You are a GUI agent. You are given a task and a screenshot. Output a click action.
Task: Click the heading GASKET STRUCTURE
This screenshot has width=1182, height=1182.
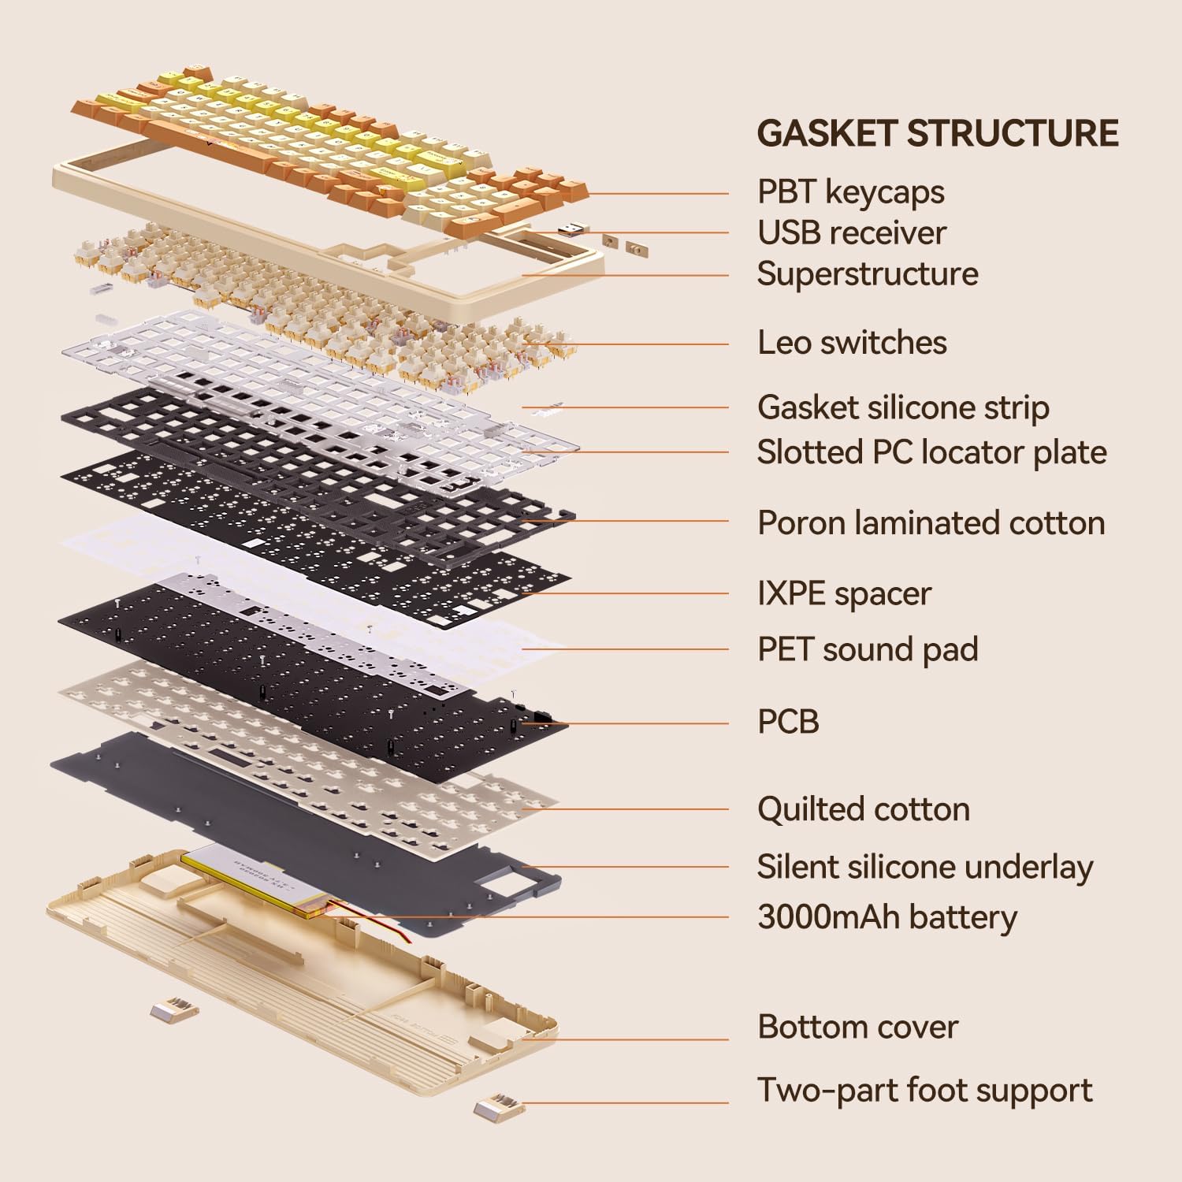point(938,133)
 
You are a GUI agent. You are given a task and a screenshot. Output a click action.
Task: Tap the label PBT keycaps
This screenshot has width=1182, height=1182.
point(850,191)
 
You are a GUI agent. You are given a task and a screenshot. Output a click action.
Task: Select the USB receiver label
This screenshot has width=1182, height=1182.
point(851,232)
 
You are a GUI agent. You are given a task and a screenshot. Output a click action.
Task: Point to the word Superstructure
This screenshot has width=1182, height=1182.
point(868,273)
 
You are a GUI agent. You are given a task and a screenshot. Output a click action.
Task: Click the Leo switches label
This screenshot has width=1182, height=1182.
point(852,343)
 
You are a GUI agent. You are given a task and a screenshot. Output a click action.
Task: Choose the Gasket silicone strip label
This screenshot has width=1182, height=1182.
point(903,407)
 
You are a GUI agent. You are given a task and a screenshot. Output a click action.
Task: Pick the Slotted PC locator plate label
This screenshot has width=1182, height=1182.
point(931,452)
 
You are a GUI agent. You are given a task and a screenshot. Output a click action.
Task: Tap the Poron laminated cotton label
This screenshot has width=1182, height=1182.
point(931,522)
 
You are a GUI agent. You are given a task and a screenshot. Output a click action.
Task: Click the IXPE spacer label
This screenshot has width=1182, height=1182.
point(844,593)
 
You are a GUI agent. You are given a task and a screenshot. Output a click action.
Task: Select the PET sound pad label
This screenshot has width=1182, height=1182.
point(868,649)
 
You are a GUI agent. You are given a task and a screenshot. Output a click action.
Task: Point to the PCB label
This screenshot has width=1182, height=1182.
point(788,722)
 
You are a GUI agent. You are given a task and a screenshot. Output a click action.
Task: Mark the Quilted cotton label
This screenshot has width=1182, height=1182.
point(863,809)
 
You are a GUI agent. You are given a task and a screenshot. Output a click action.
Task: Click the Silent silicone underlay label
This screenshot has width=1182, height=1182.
point(924,867)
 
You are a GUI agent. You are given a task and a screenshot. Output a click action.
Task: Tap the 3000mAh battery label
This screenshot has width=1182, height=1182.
point(886,917)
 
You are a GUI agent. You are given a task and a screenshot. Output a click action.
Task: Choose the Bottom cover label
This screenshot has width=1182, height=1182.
point(857,1027)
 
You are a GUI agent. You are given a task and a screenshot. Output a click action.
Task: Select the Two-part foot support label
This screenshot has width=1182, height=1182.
point(924,1091)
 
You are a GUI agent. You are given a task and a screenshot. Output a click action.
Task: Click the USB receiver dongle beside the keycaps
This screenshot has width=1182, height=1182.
point(573,229)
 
